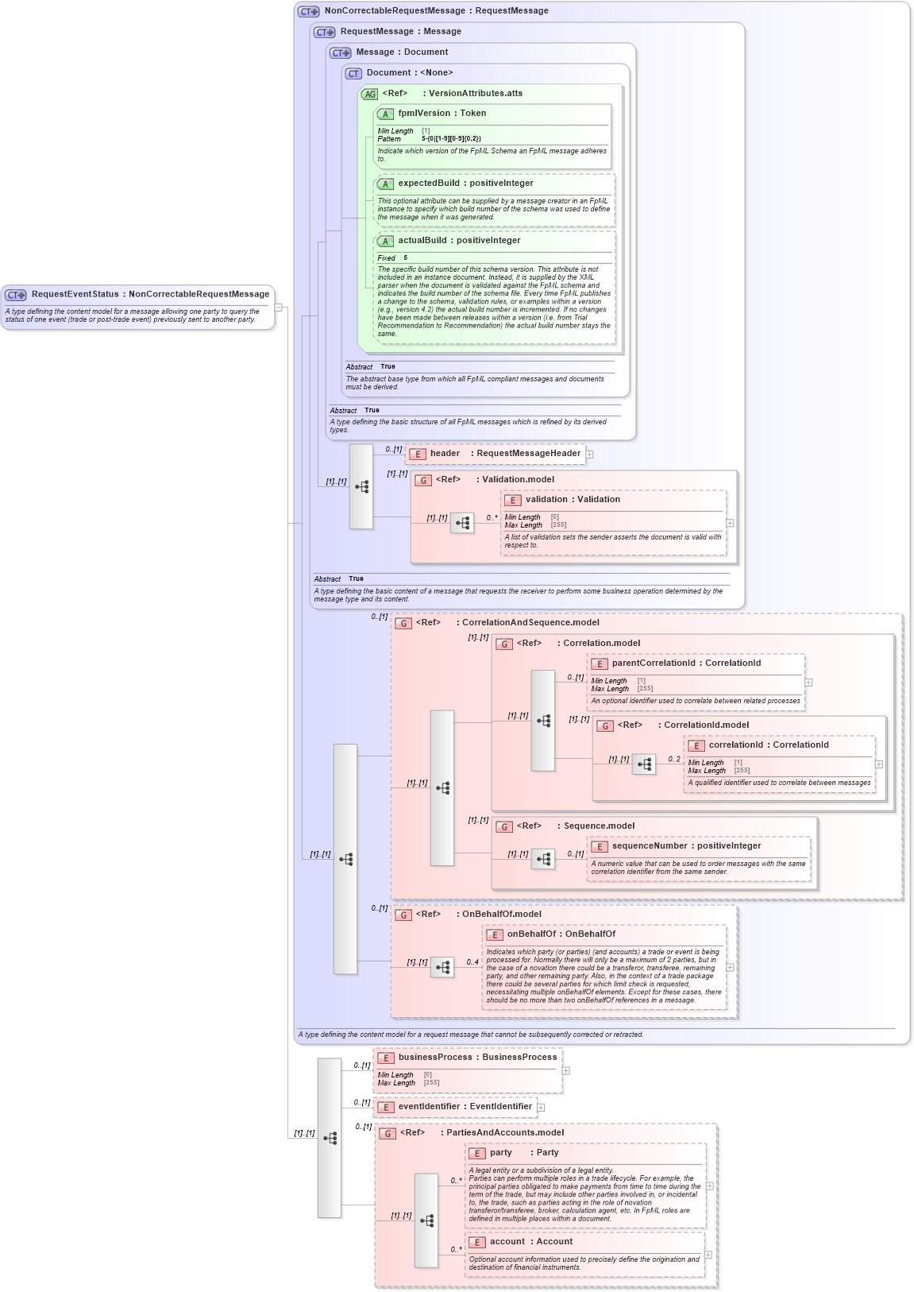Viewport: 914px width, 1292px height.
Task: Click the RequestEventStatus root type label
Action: coord(75,294)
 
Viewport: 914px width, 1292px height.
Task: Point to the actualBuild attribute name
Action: coord(422,241)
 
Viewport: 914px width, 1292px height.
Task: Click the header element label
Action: coord(445,454)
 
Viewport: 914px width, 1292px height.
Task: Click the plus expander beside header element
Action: coord(589,455)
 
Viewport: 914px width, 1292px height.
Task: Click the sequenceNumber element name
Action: coord(649,846)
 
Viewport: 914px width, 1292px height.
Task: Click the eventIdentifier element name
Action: coord(429,1107)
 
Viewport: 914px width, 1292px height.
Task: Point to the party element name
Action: coord(500,1153)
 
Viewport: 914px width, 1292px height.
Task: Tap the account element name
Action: coord(507,1242)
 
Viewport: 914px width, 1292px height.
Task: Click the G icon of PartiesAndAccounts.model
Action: coord(388,1134)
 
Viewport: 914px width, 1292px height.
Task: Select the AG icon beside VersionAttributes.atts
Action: coord(369,95)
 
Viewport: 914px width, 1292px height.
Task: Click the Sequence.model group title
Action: coord(599,826)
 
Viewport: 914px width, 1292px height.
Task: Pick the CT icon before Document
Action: coord(353,73)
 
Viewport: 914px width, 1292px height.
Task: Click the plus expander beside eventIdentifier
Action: coord(541,1108)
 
